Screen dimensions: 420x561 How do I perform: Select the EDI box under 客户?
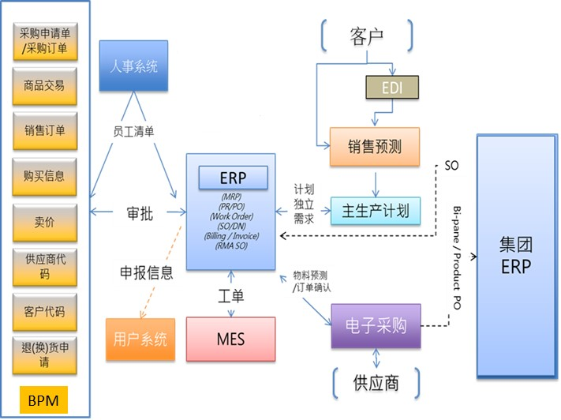pyautogui.click(x=391, y=87)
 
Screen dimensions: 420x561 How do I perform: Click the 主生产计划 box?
pyautogui.click(x=376, y=211)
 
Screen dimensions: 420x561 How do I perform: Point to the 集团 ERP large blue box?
pyautogui.click(x=516, y=254)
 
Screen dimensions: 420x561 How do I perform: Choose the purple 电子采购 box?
pyautogui.click(x=376, y=325)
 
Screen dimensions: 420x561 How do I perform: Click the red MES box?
pyautogui.click(x=230, y=339)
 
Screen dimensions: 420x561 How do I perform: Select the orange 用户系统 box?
pyautogui.click(x=140, y=339)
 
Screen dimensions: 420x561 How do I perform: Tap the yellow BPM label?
pyautogui.click(x=44, y=399)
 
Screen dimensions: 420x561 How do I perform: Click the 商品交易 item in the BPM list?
pyautogui.click(x=44, y=85)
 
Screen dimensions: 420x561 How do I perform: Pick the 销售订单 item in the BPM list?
pyautogui.click(x=44, y=130)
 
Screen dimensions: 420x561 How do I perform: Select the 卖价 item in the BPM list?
pyautogui.click(x=44, y=222)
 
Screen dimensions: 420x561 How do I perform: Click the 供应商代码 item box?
pyautogui.click(x=44, y=267)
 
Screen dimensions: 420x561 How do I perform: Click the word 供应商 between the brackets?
pyautogui.click(x=376, y=383)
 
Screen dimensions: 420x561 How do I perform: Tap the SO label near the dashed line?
pyautogui.click(x=452, y=167)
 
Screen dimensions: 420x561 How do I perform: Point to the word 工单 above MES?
pyautogui.click(x=230, y=296)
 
